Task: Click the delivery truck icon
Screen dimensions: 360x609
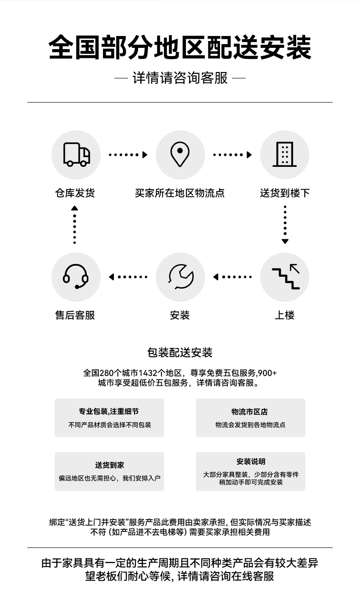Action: (77, 154)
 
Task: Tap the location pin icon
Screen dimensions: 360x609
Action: (180, 154)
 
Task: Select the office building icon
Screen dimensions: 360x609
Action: (284, 154)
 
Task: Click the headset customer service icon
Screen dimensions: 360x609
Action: (76, 276)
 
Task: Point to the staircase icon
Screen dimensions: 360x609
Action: (286, 276)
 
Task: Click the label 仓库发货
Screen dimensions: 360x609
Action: (75, 193)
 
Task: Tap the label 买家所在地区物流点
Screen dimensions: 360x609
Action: (180, 193)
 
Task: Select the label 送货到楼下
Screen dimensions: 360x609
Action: (285, 193)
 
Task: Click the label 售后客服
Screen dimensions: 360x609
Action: (75, 315)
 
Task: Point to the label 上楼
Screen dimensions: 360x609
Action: (285, 315)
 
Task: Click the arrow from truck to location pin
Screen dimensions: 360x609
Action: (128, 155)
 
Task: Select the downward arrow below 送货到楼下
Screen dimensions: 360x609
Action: (285, 225)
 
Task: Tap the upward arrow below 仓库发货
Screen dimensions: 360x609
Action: (74, 225)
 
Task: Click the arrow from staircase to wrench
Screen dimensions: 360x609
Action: (232, 277)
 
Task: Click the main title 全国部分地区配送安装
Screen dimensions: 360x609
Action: (180, 47)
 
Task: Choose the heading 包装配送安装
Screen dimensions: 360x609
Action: (180, 353)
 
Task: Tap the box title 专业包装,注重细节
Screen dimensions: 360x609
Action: (109, 411)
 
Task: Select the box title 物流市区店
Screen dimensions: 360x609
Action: (250, 412)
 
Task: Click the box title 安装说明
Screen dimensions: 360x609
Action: (251, 461)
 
